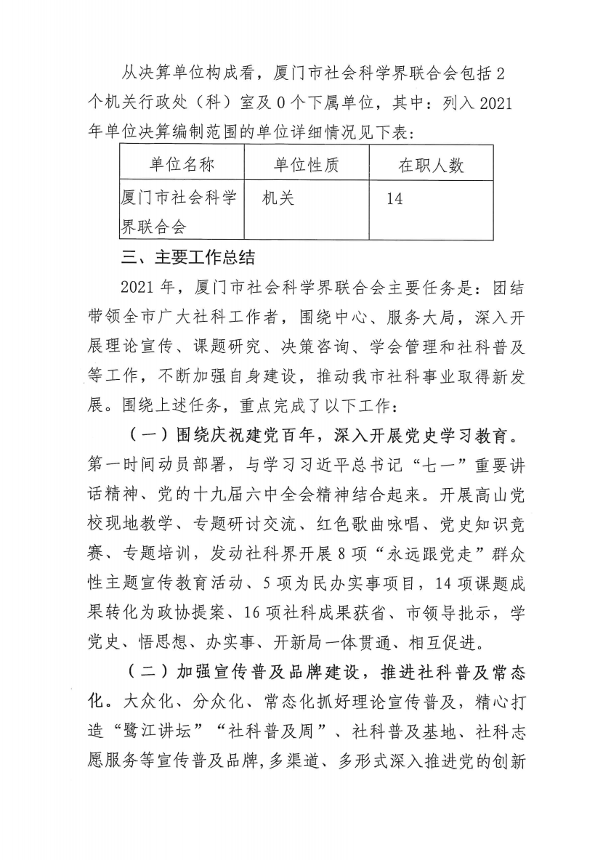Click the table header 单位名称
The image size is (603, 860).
click(x=182, y=165)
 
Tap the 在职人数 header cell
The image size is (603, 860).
click(x=431, y=165)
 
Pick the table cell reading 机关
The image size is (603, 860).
click(x=279, y=198)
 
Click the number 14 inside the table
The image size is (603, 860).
click(x=394, y=198)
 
